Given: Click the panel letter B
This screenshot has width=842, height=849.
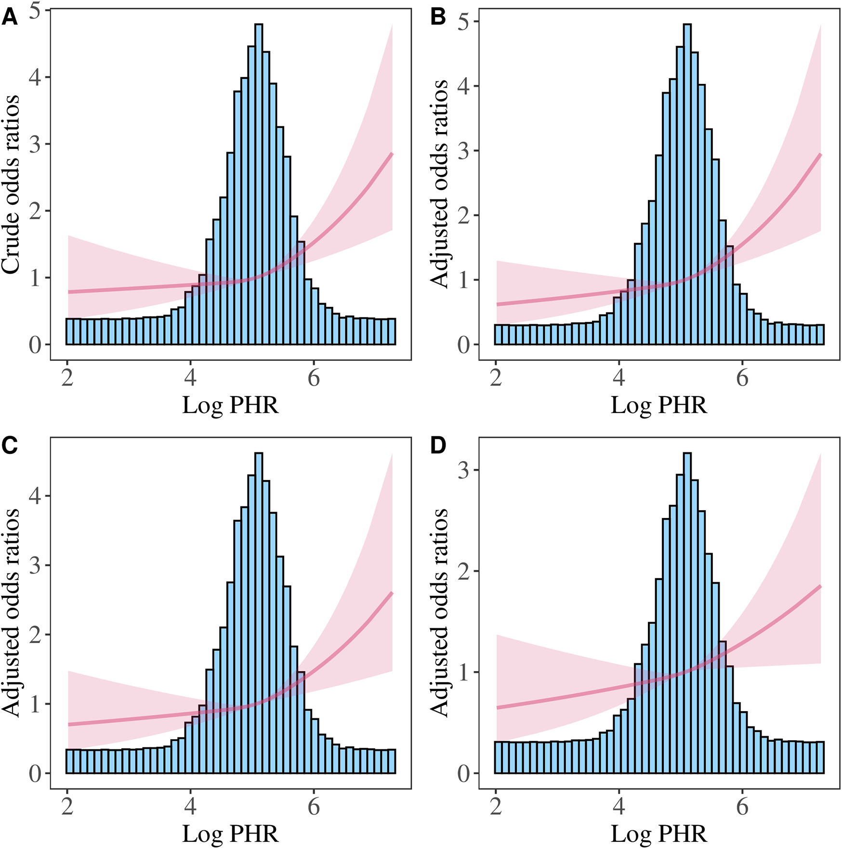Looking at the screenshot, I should pyautogui.click(x=438, y=18).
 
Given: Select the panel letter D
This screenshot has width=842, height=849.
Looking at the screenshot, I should pyautogui.click(x=438, y=446).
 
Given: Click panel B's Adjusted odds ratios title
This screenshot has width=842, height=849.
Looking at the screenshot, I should pyautogui.click(x=439, y=184).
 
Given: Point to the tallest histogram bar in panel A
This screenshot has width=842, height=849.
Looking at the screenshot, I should pyautogui.click(x=259, y=183).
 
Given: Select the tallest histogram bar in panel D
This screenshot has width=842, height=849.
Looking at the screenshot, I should pyautogui.click(x=687, y=612).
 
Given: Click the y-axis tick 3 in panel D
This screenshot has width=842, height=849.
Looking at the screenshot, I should pyautogui.click(x=464, y=470).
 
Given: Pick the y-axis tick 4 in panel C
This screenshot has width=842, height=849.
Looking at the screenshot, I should pyautogui.click(x=35, y=496).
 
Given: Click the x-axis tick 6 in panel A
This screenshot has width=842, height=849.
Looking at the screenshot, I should pyautogui.click(x=314, y=379).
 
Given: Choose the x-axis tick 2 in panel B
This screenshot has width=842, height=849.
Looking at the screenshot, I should pyautogui.click(x=496, y=379).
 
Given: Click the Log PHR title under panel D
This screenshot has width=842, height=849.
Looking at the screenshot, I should pyautogui.click(x=659, y=834).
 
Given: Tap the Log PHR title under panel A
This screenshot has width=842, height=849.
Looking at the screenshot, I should pyautogui.click(x=230, y=405).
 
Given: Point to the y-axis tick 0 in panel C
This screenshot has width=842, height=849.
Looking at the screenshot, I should pyautogui.click(x=35, y=774).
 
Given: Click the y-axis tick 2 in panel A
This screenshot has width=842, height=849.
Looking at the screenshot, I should pyautogui.click(x=35, y=211).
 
